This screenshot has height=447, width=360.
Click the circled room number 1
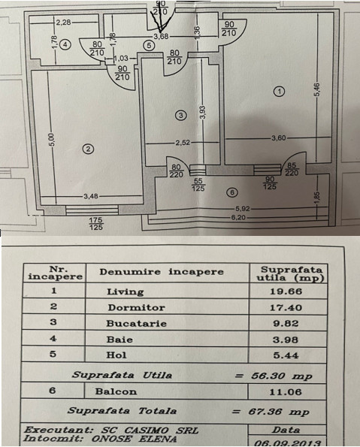click(x=279, y=92)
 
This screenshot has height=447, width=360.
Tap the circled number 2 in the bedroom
click(x=88, y=149)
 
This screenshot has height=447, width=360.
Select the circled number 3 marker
click(x=180, y=115)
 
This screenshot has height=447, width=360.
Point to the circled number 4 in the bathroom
click(x=65, y=45)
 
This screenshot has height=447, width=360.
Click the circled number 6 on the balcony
click(x=232, y=192)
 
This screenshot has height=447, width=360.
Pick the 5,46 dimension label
click(x=318, y=89)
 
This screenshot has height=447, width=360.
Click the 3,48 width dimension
click(x=91, y=196)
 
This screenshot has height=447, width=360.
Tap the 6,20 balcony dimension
click(x=237, y=218)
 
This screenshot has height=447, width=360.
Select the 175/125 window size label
click(x=96, y=224)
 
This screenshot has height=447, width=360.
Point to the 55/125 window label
click(x=198, y=185)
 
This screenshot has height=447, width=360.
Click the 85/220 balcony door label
click(x=292, y=169)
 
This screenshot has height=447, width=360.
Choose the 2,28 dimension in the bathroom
click(x=63, y=23)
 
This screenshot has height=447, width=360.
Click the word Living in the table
click(x=126, y=291)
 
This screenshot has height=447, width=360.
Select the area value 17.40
click(x=286, y=307)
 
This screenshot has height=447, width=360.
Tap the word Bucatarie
click(x=136, y=323)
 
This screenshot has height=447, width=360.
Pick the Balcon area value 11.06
click(x=286, y=392)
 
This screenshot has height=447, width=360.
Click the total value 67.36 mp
click(x=279, y=412)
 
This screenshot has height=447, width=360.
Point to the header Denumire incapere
click(x=162, y=271)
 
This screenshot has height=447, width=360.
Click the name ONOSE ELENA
click(x=134, y=439)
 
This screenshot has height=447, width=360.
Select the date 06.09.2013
click(x=287, y=443)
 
